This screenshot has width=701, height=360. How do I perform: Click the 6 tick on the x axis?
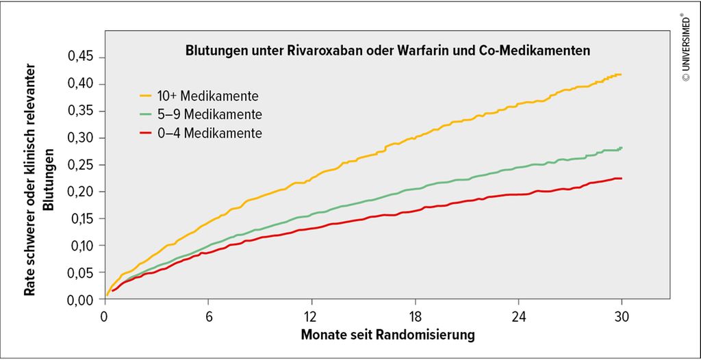208,316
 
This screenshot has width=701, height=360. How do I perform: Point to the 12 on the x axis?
311,316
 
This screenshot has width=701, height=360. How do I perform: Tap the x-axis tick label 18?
415,316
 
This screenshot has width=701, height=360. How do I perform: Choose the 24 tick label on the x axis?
518,316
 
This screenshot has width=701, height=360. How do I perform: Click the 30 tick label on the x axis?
622,316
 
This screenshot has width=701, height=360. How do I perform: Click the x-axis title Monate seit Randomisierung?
387,335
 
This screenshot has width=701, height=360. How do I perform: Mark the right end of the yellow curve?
620,75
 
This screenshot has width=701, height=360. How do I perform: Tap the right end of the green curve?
621,148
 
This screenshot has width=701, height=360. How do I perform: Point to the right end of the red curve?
620,179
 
